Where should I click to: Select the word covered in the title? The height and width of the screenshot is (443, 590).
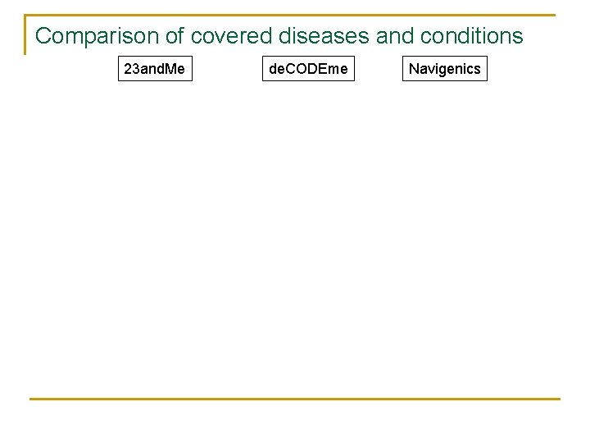(x=232, y=36)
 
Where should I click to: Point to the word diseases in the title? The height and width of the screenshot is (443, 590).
(x=324, y=36)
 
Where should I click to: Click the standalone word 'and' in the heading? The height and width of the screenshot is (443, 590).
(x=395, y=36)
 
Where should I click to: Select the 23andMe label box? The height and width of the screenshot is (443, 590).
(x=154, y=69)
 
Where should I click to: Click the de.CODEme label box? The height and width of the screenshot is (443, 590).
(x=308, y=69)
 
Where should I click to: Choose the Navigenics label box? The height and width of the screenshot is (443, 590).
(x=444, y=69)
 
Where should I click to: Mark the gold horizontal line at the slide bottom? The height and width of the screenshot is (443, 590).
(x=295, y=400)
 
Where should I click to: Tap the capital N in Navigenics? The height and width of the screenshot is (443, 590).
(x=414, y=69)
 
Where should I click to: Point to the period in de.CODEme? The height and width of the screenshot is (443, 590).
(x=284, y=73)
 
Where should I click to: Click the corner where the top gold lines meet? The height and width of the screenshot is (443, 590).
(x=25, y=16)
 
